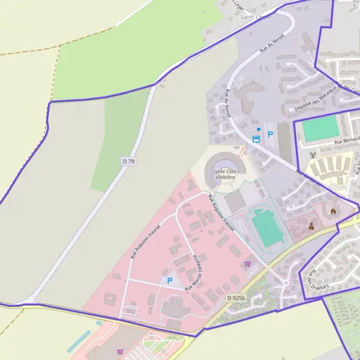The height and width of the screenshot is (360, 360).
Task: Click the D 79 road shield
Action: click(x=128, y=161)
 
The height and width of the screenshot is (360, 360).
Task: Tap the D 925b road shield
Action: click(x=236, y=298)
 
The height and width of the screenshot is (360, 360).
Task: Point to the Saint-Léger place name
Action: click(x=256, y=17)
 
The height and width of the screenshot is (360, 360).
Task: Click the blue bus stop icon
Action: click(x=256, y=139)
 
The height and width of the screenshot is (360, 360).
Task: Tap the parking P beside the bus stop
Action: click(x=270, y=135)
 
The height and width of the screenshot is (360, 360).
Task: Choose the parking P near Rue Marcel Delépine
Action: click(x=169, y=280)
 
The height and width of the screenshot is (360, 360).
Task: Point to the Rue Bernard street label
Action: click(x=346, y=141)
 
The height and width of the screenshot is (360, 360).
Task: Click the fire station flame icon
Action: click(x=334, y=211)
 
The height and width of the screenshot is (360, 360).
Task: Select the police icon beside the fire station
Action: click(x=311, y=226)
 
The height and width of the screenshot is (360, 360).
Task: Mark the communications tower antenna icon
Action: click(x=313, y=154)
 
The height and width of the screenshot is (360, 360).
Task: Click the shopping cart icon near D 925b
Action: click(x=248, y=263)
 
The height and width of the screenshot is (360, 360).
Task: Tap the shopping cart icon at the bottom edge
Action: click(x=121, y=352)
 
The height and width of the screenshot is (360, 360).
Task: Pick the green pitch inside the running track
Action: click(x=267, y=227)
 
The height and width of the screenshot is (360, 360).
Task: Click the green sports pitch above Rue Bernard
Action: click(x=320, y=129)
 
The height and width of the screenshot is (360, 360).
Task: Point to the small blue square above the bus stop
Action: click(x=259, y=129)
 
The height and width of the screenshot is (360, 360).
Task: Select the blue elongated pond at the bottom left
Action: click(x=79, y=341)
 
